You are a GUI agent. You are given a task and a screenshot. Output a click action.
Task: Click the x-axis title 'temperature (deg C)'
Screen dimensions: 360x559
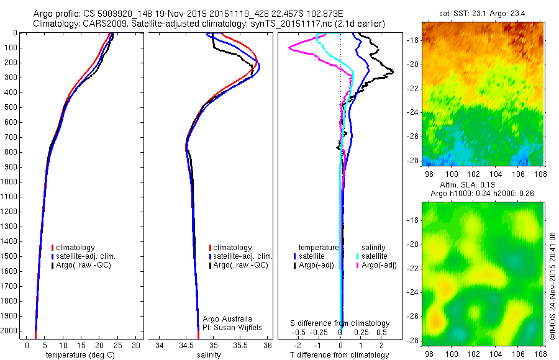(x=80, y=355)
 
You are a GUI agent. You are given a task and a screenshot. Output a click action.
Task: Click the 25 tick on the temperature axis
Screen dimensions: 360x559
(x=117, y=345)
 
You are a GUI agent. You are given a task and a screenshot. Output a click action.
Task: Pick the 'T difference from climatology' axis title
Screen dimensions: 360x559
(x=340, y=355)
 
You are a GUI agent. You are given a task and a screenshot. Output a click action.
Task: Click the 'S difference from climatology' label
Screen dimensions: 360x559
(x=340, y=323)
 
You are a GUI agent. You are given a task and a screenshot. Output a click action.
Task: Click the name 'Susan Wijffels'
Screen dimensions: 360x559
(x=234, y=327)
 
